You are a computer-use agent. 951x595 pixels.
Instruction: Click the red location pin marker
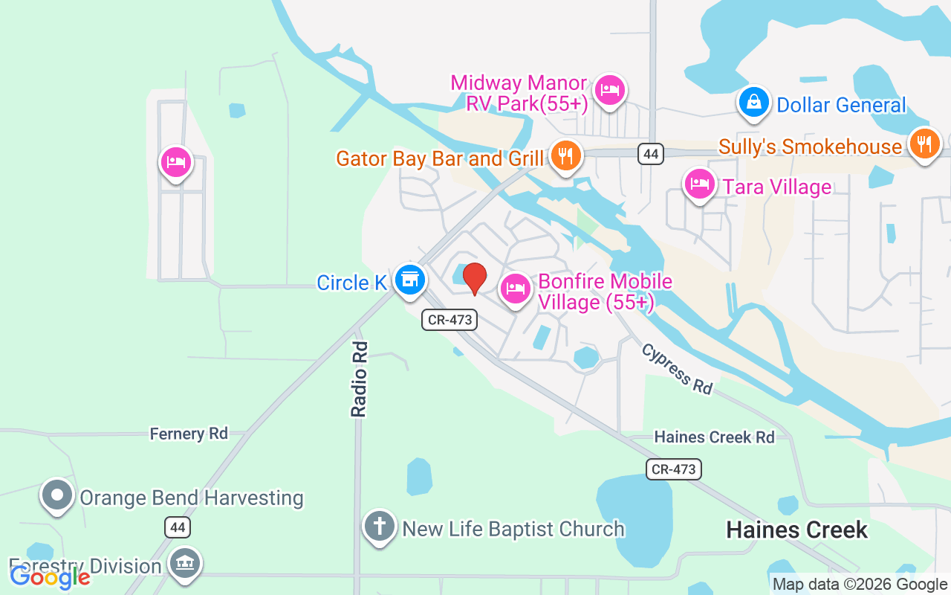tap(475, 279)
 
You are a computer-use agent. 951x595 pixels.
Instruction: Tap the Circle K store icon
tap(409, 280)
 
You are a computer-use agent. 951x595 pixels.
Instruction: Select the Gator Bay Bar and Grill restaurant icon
tap(566, 156)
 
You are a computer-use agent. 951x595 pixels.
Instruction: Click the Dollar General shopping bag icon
tap(754, 103)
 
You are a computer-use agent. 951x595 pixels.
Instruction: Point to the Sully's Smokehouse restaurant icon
tap(924, 144)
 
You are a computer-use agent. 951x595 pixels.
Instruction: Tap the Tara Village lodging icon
tap(699, 184)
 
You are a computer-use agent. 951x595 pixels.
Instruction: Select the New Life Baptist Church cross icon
tap(380, 527)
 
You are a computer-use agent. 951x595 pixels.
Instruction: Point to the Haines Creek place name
tap(796, 530)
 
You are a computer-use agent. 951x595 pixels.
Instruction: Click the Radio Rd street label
tap(360, 379)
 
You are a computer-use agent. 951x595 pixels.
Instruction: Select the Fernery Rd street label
tap(189, 434)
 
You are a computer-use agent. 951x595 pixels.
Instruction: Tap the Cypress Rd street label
tap(677, 369)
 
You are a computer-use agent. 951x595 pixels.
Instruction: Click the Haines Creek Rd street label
tap(714, 437)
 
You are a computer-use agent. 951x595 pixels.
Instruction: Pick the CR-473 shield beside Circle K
tap(449, 320)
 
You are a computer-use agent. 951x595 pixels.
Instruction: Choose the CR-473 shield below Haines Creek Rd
tap(673, 469)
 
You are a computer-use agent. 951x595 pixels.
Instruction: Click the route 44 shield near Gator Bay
tap(651, 154)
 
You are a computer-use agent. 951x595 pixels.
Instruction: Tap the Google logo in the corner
tap(50, 576)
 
